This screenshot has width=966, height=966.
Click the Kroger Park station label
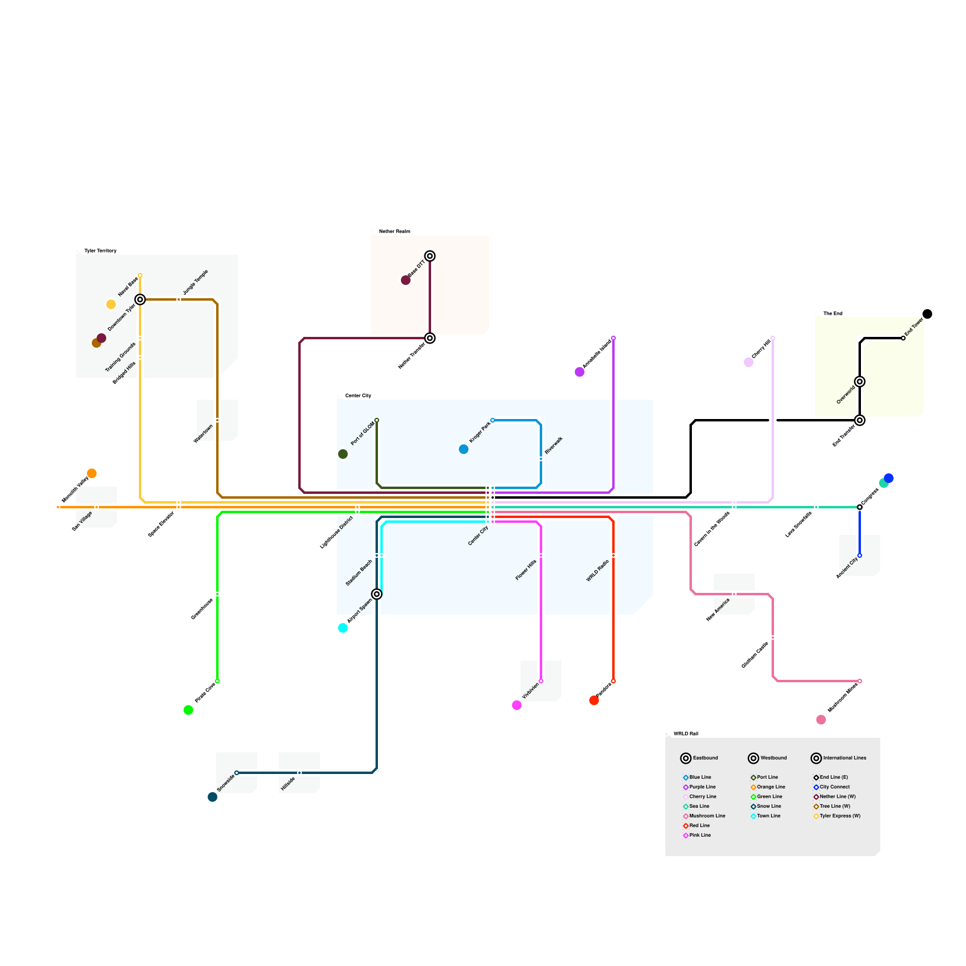(x=479, y=432)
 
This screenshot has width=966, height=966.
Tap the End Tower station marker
(x=903, y=338)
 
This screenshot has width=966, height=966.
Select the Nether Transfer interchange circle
(x=430, y=338)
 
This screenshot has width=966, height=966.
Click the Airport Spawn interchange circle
(x=377, y=594)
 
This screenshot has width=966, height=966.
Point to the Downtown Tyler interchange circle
(x=140, y=299)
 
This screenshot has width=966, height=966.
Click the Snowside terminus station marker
(x=237, y=773)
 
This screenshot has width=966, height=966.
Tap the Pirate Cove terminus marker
(x=217, y=681)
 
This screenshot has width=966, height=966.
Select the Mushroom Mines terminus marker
(x=860, y=681)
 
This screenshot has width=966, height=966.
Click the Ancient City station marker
(x=860, y=555)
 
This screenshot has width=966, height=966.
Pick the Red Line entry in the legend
(x=699, y=825)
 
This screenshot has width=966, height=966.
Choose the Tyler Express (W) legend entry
(x=840, y=816)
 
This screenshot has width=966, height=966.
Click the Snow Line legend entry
(x=769, y=806)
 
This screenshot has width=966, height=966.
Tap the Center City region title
(x=358, y=395)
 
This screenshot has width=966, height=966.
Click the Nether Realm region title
(x=394, y=231)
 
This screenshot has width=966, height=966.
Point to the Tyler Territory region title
(x=100, y=251)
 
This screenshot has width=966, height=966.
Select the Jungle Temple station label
(x=196, y=282)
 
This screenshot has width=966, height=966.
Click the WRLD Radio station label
(x=597, y=571)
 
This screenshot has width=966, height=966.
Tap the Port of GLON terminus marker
(x=377, y=420)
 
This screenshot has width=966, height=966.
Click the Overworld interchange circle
(x=860, y=382)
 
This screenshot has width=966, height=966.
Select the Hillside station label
(x=288, y=784)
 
